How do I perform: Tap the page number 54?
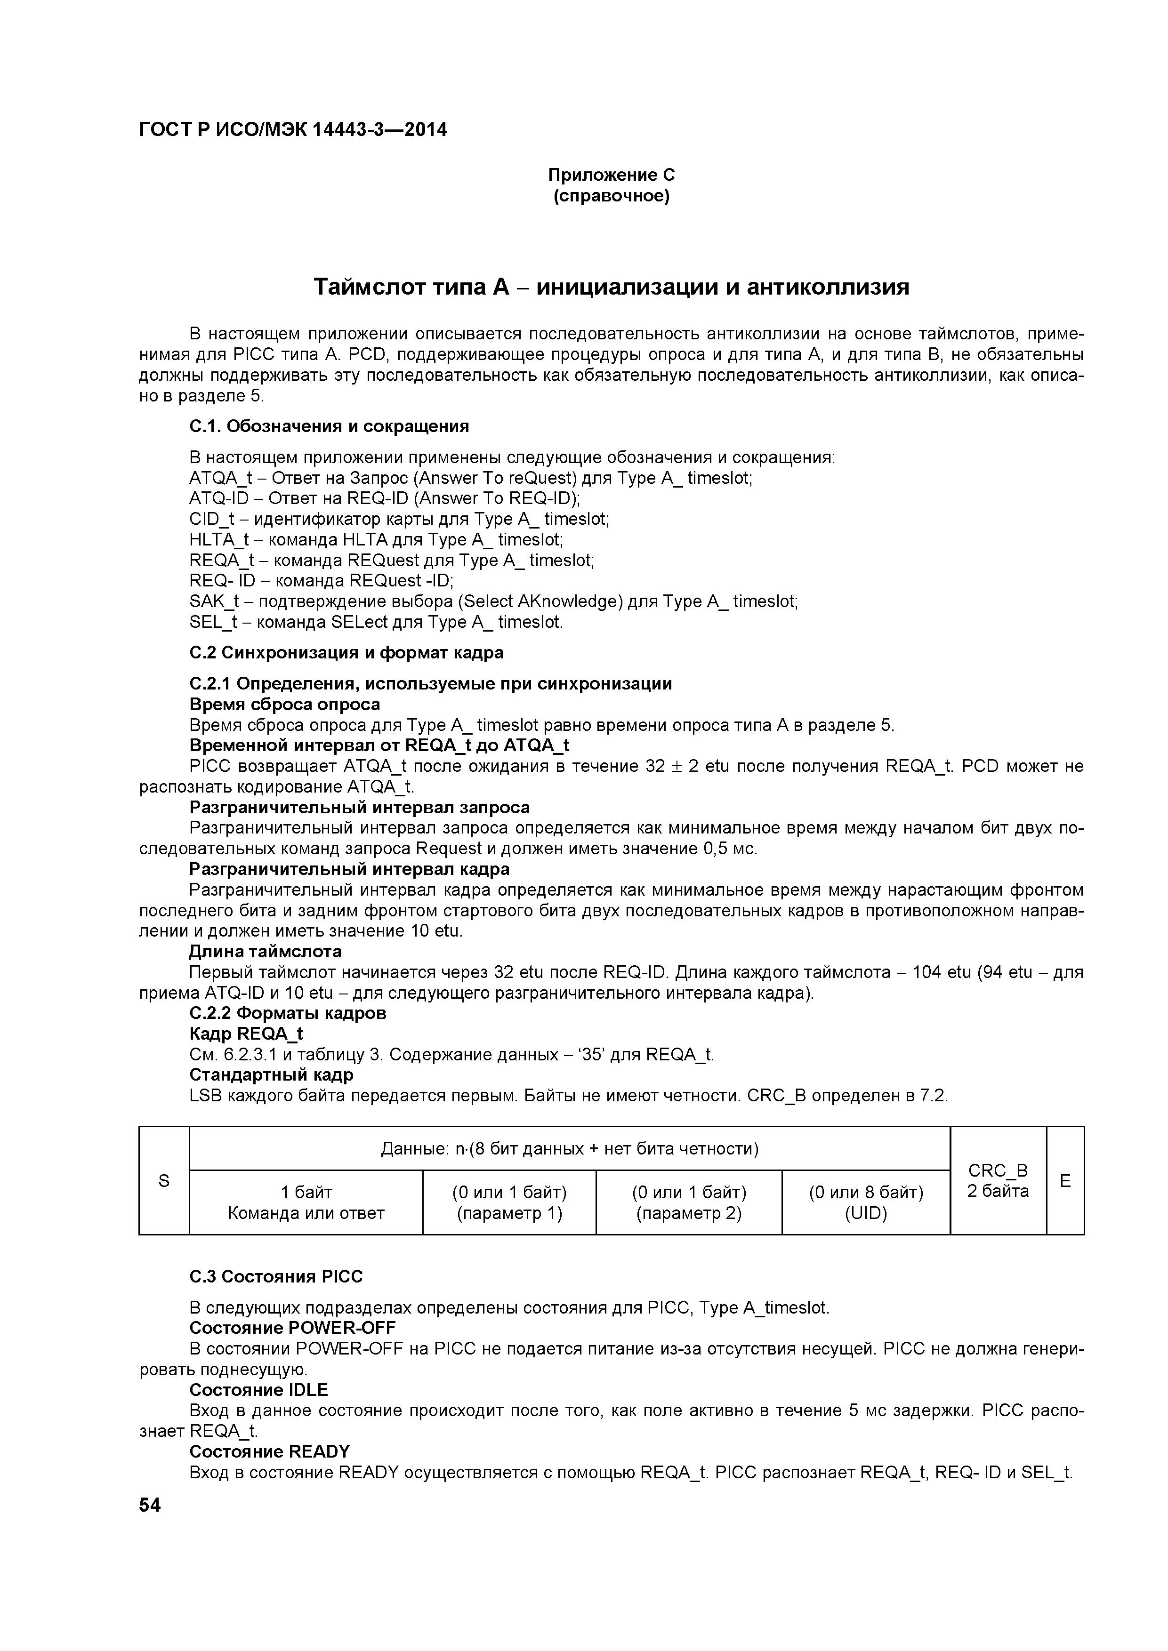pos(150,1505)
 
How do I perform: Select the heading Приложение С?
pos(612,175)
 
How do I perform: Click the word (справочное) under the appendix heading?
pos(612,196)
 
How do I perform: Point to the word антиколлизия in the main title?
pos(827,287)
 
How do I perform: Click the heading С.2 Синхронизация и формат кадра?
pos(346,652)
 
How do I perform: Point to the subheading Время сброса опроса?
pos(285,704)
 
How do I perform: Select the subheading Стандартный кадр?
pos(271,1074)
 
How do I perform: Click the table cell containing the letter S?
pos(164,1181)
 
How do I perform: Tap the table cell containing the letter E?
pos(1065,1181)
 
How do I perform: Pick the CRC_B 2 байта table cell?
pos(998,1181)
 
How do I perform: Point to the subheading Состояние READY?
pos(269,1451)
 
